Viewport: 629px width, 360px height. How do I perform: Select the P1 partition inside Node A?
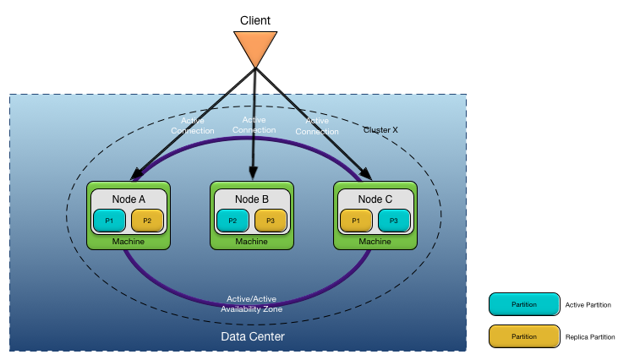pyautogui.click(x=109, y=221)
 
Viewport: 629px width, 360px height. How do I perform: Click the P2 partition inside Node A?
pyautogui.click(x=147, y=221)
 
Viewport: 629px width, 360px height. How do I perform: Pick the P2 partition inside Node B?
pyautogui.click(x=232, y=221)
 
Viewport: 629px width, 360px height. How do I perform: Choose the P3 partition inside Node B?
pyautogui.click(x=271, y=221)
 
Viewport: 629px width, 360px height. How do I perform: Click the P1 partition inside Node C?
pyautogui.click(x=356, y=221)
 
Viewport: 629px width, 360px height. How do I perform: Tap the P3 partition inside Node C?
pyautogui.click(x=394, y=221)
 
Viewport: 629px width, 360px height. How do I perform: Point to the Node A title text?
pyautogui.click(x=129, y=199)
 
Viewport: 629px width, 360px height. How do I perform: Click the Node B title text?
pyautogui.click(x=252, y=199)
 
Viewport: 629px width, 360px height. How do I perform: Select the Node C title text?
pyautogui.click(x=375, y=199)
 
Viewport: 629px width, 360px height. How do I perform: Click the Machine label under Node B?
pyautogui.click(x=252, y=242)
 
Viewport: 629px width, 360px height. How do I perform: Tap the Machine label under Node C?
pyautogui.click(x=375, y=242)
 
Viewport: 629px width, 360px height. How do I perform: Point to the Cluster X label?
pyautogui.click(x=380, y=130)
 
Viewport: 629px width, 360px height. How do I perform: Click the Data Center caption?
pyautogui.click(x=253, y=337)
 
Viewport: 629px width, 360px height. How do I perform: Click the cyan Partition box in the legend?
pyautogui.click(x=524, y=304)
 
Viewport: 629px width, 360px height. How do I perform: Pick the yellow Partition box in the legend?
pyautogui.click(x=524, y=336)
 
